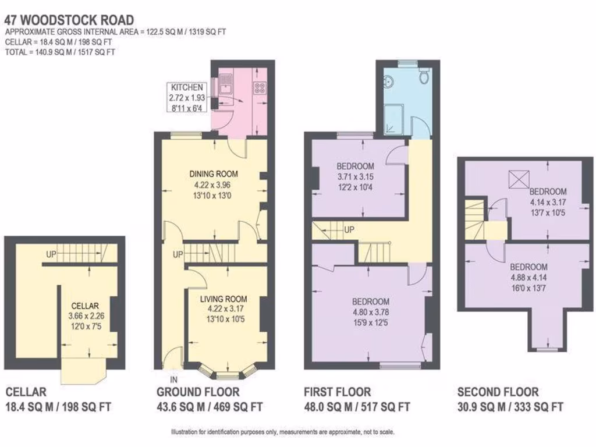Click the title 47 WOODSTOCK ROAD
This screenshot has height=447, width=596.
point(69,20)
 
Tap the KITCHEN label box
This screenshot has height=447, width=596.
point(187,98)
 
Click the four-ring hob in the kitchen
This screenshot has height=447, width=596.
point(260,88)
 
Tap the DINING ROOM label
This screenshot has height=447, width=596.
point(214,174)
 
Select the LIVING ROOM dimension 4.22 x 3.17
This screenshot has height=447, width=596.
point(226,309)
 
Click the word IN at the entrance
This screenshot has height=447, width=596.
point(173,379)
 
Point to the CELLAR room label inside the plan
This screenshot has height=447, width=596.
point(85,306)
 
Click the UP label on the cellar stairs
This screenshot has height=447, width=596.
point(51,254)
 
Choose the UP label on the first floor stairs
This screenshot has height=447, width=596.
point(349,229)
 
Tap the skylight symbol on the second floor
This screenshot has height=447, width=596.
point(519,179)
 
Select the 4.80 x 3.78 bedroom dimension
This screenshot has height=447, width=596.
point(371,313)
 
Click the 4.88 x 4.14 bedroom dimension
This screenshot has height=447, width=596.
point(528,278)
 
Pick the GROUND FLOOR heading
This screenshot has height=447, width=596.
point(198,392)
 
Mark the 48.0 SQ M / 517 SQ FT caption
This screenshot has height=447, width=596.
point(357,407)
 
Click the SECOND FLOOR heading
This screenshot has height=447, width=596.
point(498,392)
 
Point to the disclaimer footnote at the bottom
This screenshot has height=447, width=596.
point(283,432)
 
